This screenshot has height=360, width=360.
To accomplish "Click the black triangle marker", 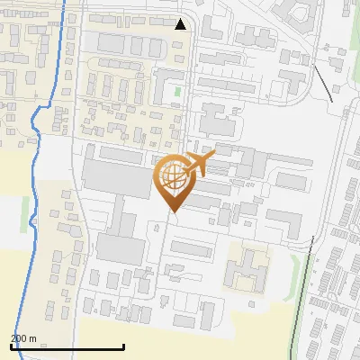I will point(181,24).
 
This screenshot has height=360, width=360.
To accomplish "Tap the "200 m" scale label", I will point(24,338).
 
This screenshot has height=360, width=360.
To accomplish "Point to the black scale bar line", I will point(67,347).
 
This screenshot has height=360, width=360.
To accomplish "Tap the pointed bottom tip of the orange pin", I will point(171,211).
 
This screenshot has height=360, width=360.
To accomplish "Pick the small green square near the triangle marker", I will point(177,91).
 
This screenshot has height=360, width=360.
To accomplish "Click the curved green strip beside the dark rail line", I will point(294,268).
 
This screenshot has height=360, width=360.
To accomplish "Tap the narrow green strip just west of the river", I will point(25,213).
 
